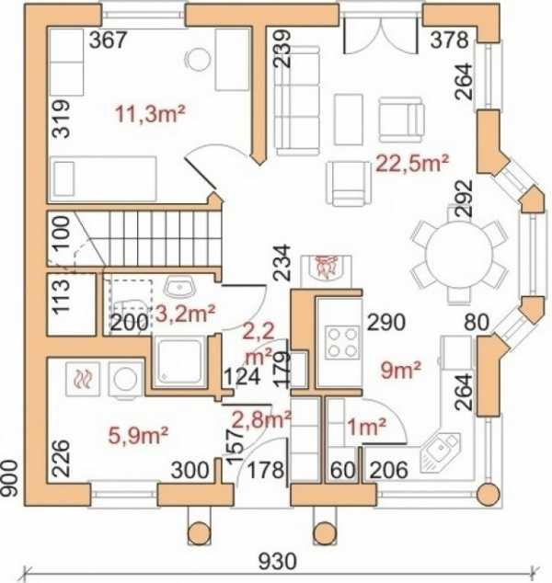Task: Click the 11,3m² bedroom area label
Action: tap(150, 114)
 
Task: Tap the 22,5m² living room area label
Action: tap(412, 163)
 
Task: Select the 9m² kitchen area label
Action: tap(400, 370)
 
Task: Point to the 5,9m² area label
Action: tap(138, 435)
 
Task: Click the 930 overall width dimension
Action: tap(278, 562)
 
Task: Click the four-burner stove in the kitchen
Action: tap(342, 342)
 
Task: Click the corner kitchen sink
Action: tap(440, 452)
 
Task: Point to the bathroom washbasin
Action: tap(180, 287)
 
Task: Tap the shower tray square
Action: tap(180, 362)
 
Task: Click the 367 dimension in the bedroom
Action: tap(109, 40)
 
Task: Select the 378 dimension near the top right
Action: tap(450, 40)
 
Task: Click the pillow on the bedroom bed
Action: tap(63, 178)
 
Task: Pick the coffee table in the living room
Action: tap(348, 120)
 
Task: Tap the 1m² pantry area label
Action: tap(367, 427)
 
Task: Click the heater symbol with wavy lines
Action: tap(83, 379)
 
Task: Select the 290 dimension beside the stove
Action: tap(386, 323)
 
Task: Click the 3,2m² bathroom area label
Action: tap(185, 314)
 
